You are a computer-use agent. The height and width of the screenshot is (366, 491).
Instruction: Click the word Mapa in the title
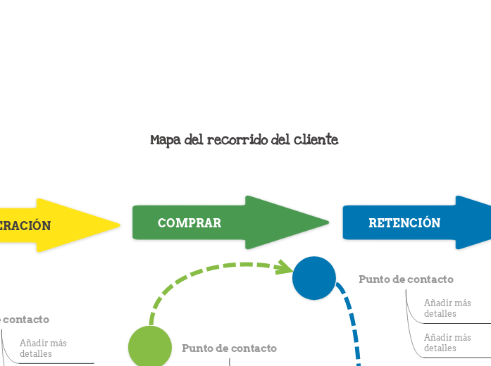[x=165, y=140]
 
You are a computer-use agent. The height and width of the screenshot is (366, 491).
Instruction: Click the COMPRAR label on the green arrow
[x=189, y=223]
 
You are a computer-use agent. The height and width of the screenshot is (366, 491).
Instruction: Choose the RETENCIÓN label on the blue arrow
[x=404, y=223]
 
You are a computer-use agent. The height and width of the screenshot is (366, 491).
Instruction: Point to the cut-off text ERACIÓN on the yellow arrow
[x=25, y=226]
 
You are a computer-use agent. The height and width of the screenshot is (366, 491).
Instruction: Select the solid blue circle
[x=314, y=278]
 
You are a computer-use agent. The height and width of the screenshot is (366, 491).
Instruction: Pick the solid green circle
[x=150, y=347]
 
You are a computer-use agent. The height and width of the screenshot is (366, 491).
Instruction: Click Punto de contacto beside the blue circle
[x=406, y=279]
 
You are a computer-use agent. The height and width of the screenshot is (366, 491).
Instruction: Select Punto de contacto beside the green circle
[x=229, y=348]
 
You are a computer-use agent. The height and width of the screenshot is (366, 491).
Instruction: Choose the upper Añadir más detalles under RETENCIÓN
[x=447, y=308]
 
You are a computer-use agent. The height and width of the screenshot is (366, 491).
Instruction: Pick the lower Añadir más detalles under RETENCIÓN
[x=447, y=342]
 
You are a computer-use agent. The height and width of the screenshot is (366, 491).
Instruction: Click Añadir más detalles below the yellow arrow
[x=43, y=348]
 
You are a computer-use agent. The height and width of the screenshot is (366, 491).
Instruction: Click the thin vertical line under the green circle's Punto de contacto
[x=230, y=362]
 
